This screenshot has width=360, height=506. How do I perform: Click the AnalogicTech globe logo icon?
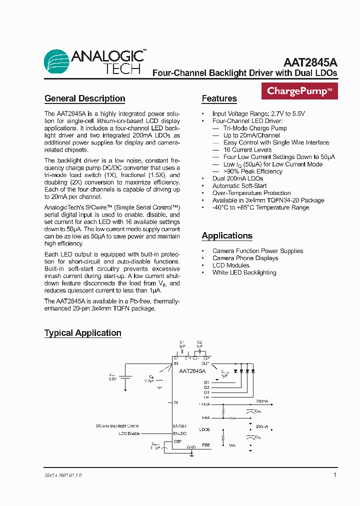(x=56, y=61)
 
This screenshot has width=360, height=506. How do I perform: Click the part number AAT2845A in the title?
(x=310, y=62)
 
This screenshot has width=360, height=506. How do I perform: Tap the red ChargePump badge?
(x=299, y=91)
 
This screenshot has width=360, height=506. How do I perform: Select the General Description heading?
(x=84, y=98)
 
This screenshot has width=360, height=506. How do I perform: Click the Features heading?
(x=219, y=98)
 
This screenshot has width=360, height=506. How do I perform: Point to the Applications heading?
(x=226, y=235)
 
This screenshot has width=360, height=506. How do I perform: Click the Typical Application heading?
(x=82, y=333)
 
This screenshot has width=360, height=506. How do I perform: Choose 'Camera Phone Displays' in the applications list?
(x=245, y=258)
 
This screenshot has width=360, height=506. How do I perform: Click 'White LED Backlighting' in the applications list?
(x=244, y=272)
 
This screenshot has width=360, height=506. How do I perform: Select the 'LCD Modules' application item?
(x=230, y=265)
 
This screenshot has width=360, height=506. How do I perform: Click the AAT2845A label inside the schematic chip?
(x=192, y=371)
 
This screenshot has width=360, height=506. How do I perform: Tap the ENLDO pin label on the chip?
(x=180, y=433)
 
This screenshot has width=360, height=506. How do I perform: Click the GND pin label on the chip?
(x=191, y=447)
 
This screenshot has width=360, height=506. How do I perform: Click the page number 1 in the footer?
(x=335, y=475)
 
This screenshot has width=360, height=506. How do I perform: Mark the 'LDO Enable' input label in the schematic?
(x=129, y=433)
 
